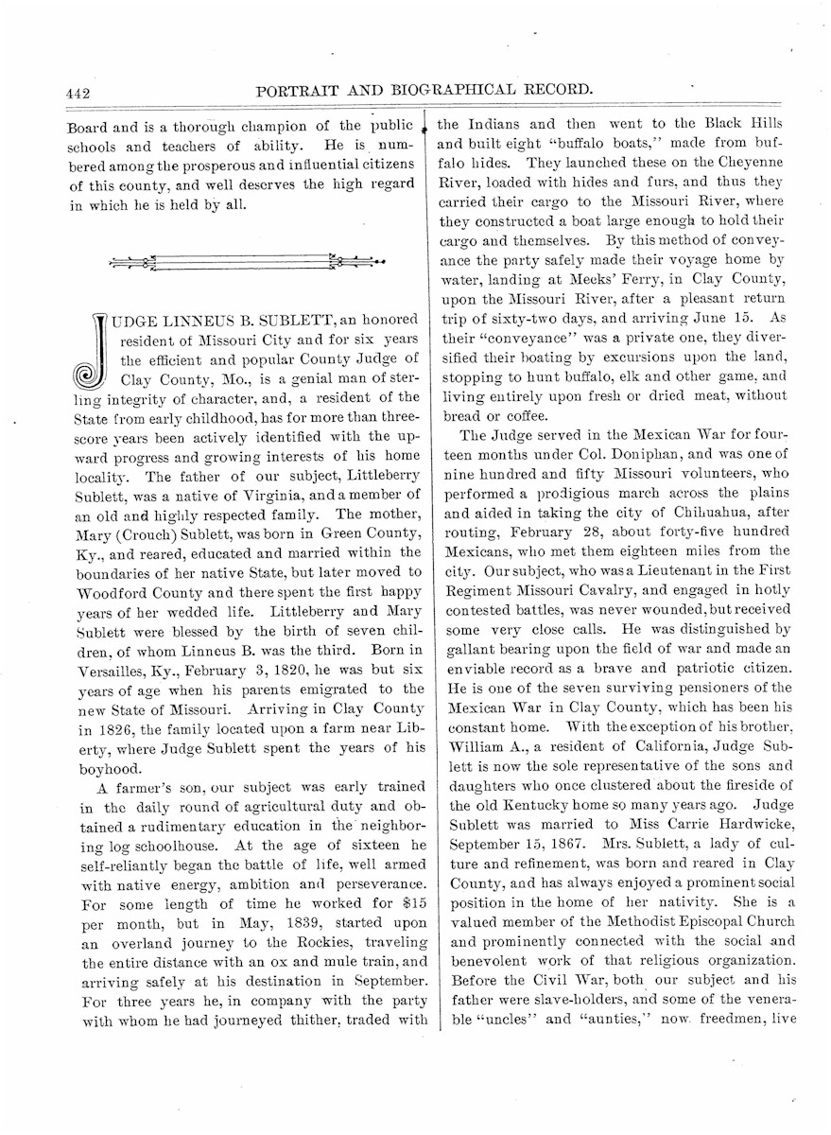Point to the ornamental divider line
tap(247, 262)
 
